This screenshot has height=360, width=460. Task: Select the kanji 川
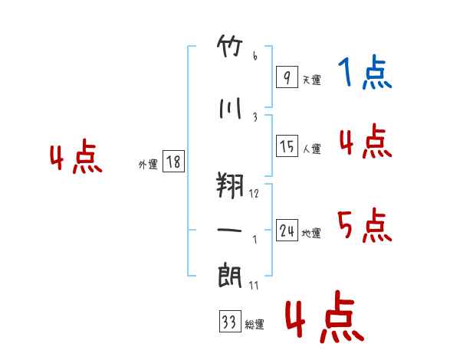231,110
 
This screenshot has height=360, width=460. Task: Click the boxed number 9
286,77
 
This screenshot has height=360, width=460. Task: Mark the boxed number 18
173,162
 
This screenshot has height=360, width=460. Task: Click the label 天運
311,80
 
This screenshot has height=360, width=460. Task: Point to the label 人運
311,149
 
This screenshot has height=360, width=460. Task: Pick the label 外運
148,164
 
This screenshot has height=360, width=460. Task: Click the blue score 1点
365,74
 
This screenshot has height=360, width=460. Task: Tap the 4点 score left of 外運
75,159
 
